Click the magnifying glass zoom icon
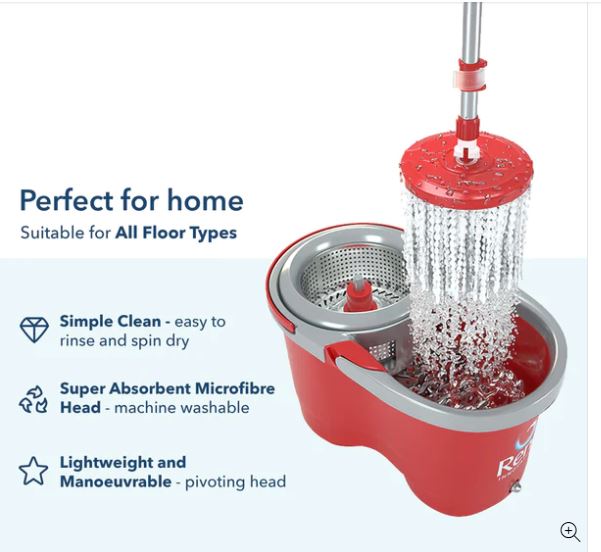click(x=570, y=532)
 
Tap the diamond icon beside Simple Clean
click(x=34, y=331)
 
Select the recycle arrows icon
click(x=33, y=399)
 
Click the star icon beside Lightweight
click(x=33, y=471)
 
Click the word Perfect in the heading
click(x=67, y=200)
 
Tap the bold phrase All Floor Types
click(x=175, y=233)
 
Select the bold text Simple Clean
click(x=110, y=322)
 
